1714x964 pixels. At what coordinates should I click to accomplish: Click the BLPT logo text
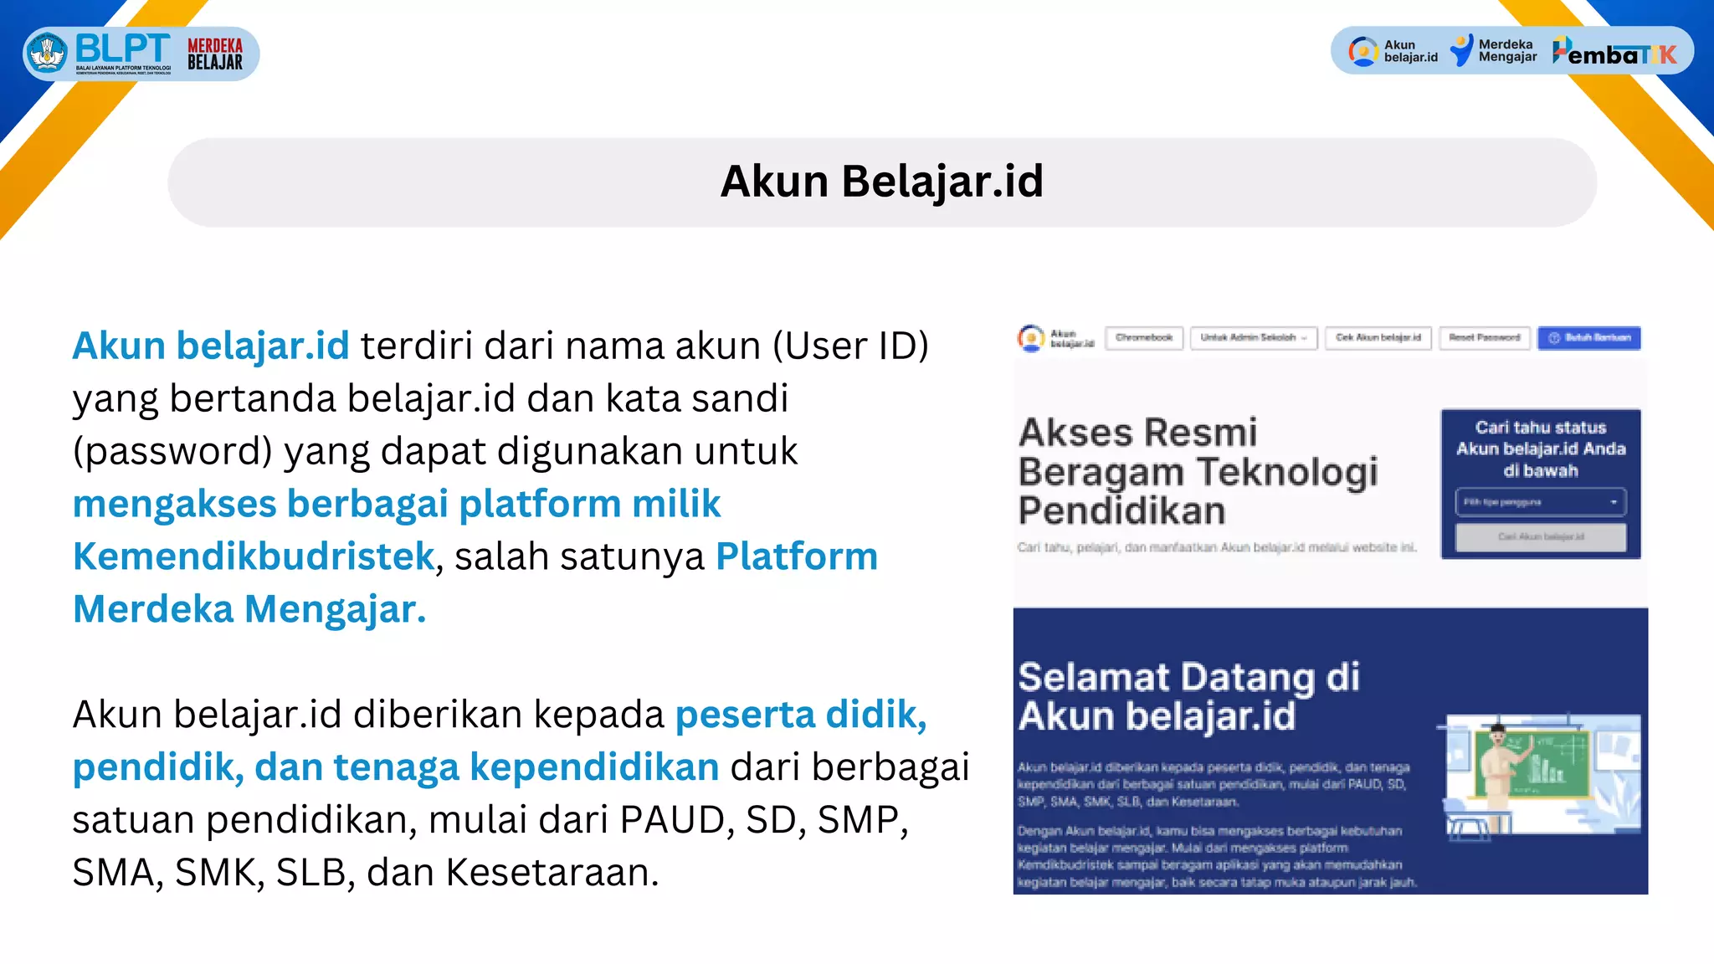pos(122,49)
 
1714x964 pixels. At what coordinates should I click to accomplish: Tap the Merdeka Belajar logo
pos(215,54)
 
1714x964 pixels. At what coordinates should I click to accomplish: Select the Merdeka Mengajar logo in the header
pos(1494,51)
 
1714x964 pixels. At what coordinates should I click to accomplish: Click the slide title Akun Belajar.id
pos(882,182)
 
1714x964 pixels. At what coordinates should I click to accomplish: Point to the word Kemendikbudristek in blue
pos(254,556)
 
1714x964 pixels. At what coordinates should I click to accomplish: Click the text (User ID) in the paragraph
pos(850,346)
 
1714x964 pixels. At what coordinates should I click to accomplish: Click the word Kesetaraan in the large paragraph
pos(552,873)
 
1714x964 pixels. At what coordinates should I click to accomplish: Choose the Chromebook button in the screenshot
pos(1144,338)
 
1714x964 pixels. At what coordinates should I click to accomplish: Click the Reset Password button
pos(1485,338)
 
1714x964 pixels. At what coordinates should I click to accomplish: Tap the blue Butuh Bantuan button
pos(1588,338)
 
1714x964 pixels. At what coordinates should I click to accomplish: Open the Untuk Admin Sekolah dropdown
pos(1254,338)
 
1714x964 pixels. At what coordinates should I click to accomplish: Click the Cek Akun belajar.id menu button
pos(1378,338)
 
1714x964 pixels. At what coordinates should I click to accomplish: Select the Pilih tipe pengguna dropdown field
pos(1540,502)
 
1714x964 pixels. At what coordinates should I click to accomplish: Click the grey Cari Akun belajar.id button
pos(1541,537)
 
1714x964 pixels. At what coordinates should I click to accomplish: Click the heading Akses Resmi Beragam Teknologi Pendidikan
pos(1197,471)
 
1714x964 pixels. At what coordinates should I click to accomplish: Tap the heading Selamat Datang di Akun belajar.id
pos(1188,696)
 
